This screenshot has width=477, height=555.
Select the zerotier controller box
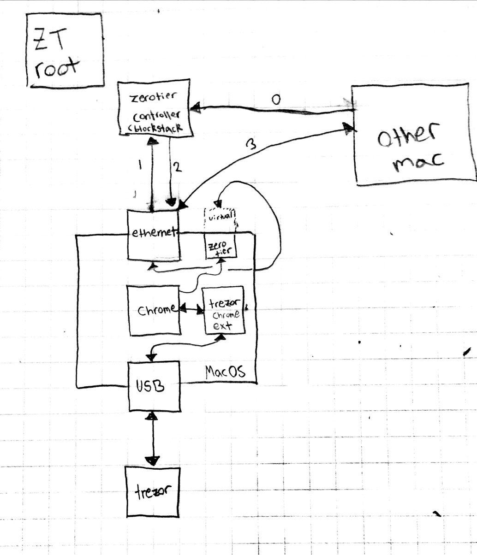[x=155, y=109]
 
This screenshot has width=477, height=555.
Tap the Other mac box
[x=413, y=136]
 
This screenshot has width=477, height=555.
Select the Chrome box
[x=154, y=310]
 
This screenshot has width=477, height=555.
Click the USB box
[x=153, y=387]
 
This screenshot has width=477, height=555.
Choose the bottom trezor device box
[x=152, y=492]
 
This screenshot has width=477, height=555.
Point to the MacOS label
[x=225, y=372]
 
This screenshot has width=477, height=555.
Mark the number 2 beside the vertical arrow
[x=178, y=167]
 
